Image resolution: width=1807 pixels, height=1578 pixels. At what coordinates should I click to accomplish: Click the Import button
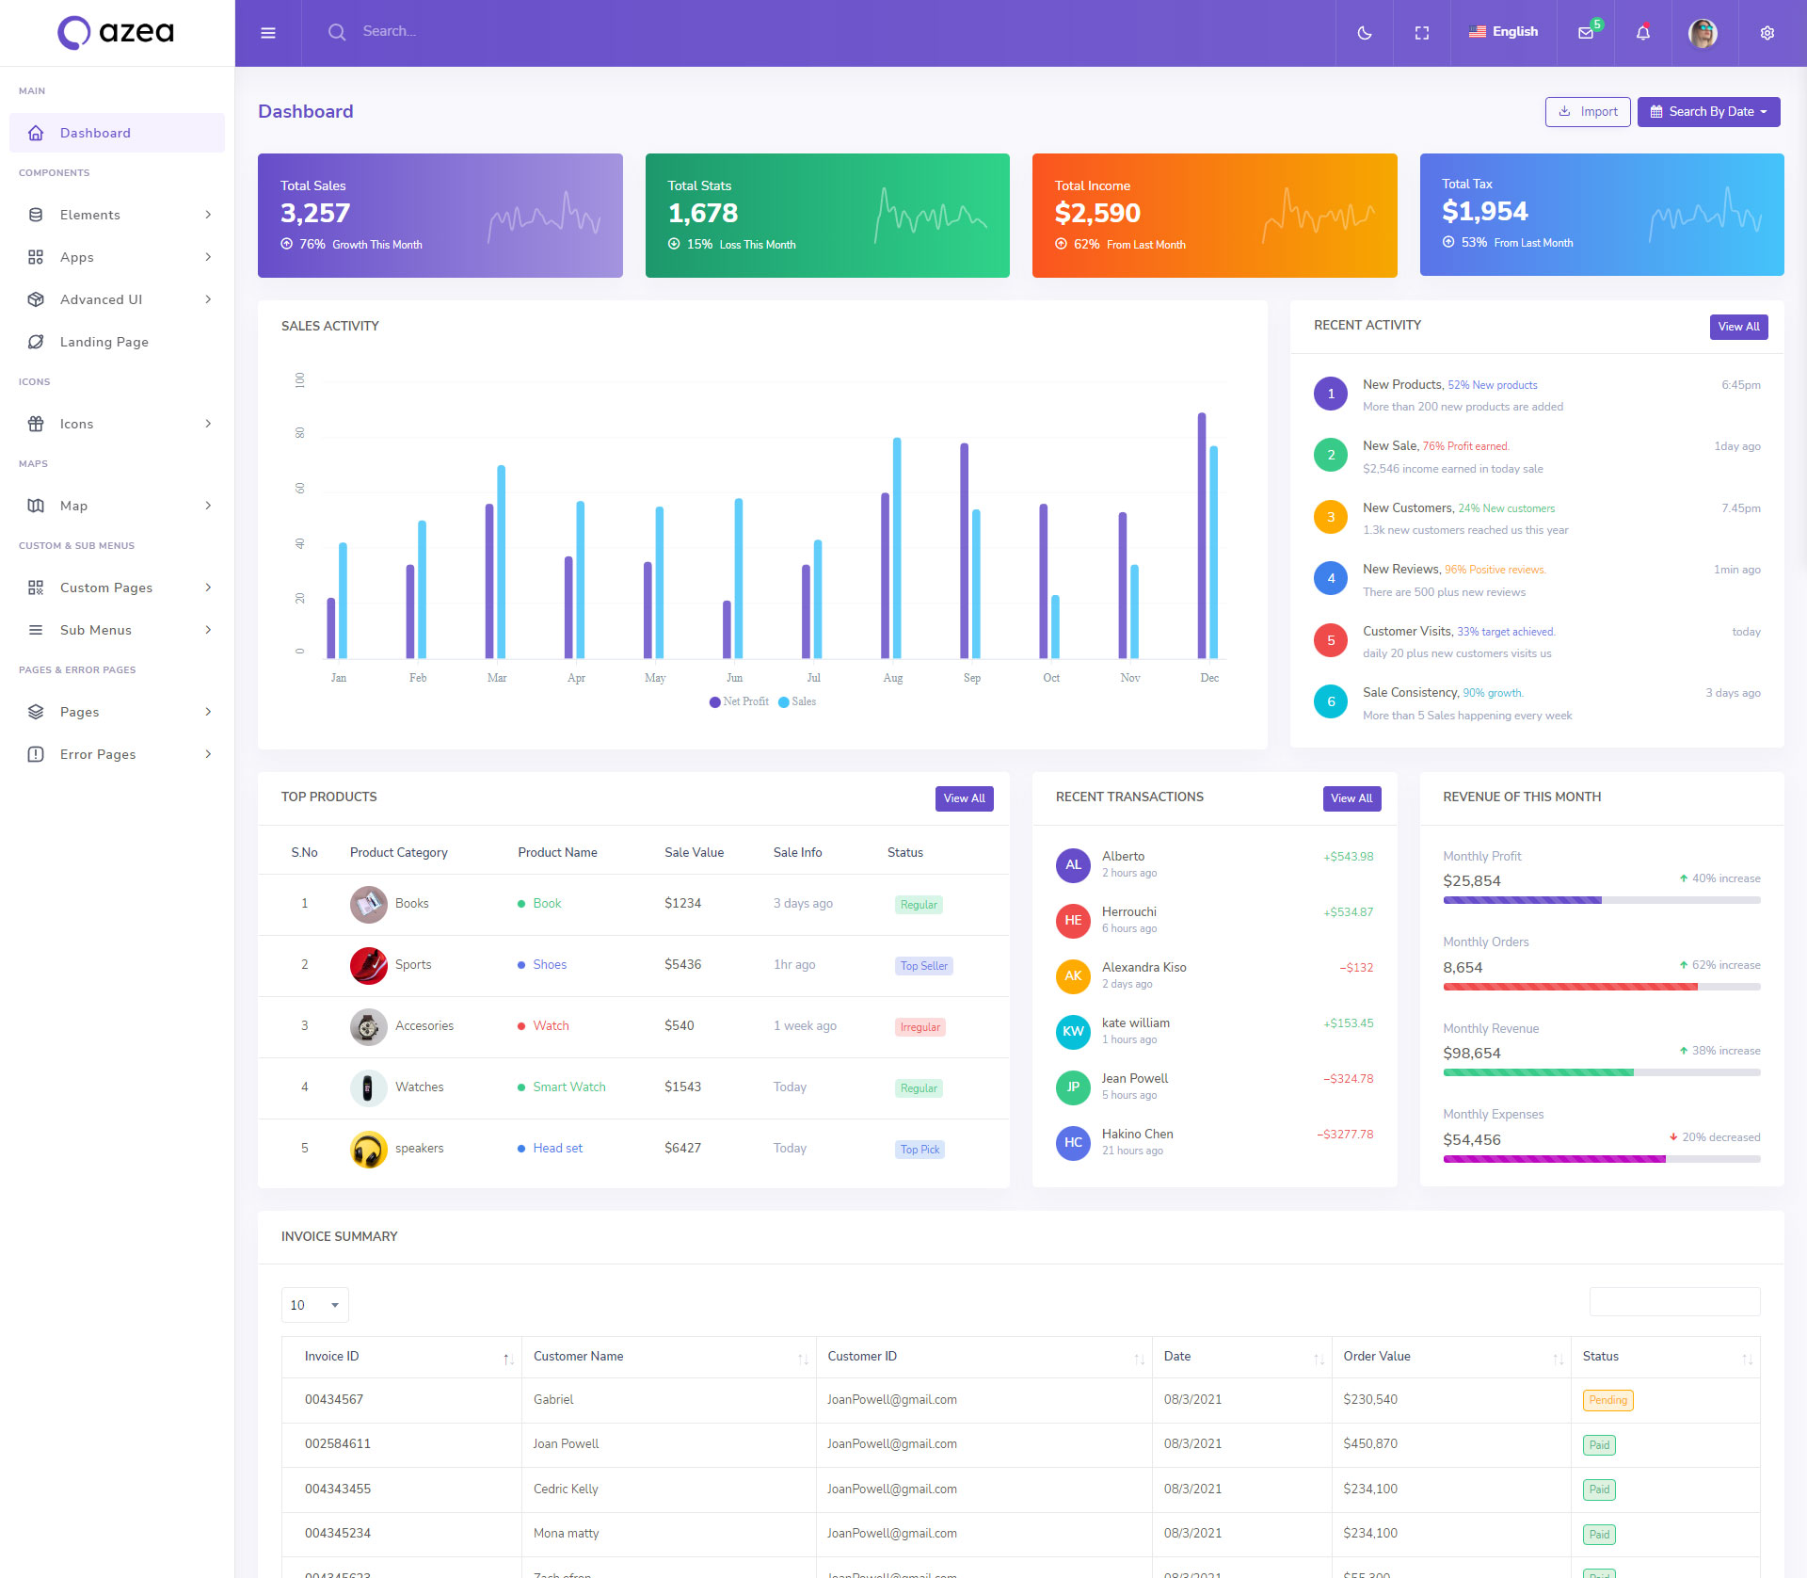(1588, 111)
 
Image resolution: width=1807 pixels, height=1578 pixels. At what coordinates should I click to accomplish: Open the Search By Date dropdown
(1708, 111)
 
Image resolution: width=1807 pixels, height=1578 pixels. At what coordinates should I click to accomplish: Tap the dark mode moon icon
(1364, 33)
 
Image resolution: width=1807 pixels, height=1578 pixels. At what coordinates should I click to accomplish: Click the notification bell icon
(1642, 33)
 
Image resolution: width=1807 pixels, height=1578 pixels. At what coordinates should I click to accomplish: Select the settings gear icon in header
(1767, 33)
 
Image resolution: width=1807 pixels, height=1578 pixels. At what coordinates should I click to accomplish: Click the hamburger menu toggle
(268, 33)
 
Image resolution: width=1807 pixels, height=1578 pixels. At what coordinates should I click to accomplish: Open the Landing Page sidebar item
(104, 342)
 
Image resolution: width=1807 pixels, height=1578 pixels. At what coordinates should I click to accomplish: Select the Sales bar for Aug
(897, 547)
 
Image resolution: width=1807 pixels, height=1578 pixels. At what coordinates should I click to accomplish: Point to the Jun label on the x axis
(734, 678)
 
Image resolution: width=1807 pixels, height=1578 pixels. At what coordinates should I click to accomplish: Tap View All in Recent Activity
(1738, 327)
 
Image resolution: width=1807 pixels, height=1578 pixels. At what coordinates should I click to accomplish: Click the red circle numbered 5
(1330, 640)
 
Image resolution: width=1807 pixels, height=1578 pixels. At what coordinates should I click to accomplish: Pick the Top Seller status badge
(923, 966)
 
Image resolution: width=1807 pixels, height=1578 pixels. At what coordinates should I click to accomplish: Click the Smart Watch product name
(568, 1087)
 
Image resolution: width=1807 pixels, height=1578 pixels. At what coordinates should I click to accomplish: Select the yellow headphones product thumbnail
(368, 1149)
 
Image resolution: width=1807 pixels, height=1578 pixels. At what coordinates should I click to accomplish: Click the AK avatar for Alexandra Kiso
(1073, 975)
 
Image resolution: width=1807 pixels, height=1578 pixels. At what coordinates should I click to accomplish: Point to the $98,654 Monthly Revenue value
(1471, 1053)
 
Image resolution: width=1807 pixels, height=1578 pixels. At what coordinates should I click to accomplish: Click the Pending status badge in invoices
(1607, 1400)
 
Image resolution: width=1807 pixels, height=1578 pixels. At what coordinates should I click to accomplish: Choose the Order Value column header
(1376, 1356)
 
